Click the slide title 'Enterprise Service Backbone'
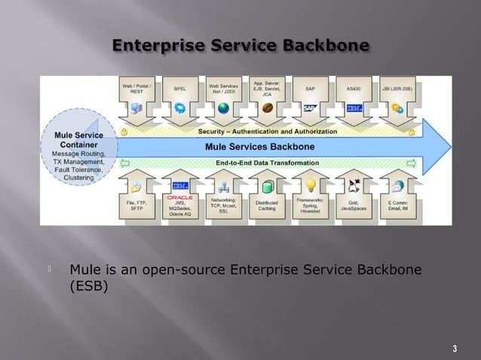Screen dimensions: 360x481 point(240,47)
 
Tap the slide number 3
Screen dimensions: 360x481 point(454,348)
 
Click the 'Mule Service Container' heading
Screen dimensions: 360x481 point(73,140)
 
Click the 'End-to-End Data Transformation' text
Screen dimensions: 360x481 point(267,162)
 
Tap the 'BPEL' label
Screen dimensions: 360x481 point(180,88)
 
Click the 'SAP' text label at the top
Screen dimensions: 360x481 point(310,88)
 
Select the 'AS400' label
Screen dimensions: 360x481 point(354,88)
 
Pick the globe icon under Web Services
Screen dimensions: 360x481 point(223,108)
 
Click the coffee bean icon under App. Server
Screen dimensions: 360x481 point(267,109)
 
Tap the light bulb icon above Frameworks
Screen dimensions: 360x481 point(310,185)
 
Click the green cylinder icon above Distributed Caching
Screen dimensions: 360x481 point(266,186)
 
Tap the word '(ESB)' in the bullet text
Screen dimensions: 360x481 point(89,286)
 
